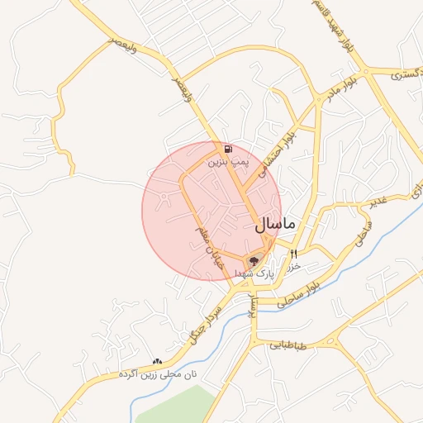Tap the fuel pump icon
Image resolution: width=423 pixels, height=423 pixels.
(227, 150)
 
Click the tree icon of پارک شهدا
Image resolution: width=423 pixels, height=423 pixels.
(254, 261)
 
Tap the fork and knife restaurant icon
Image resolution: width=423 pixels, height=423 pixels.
(293, 254)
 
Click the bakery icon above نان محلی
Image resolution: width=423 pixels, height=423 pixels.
(157, 362)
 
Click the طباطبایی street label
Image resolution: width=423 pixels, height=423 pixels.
(286, 347)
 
